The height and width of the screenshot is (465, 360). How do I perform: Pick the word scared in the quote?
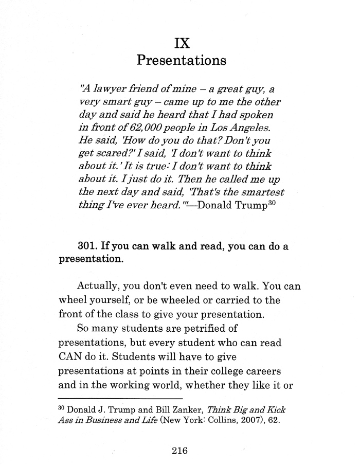(113, 154)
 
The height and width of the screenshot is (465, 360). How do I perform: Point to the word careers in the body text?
(262, 382)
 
